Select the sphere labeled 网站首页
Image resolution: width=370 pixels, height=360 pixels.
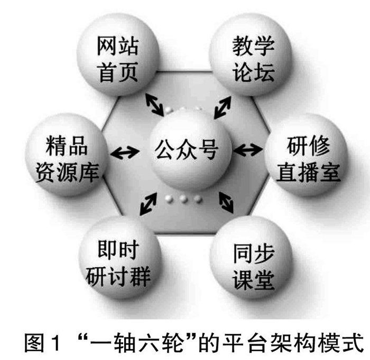click(x=118, y=59)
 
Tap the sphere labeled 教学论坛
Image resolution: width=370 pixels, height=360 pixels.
click(x=253, y=59)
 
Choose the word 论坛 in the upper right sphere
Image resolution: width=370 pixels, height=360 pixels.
click(x=253, y=72)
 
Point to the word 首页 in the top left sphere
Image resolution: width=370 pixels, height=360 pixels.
click(x=118, y=72)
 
